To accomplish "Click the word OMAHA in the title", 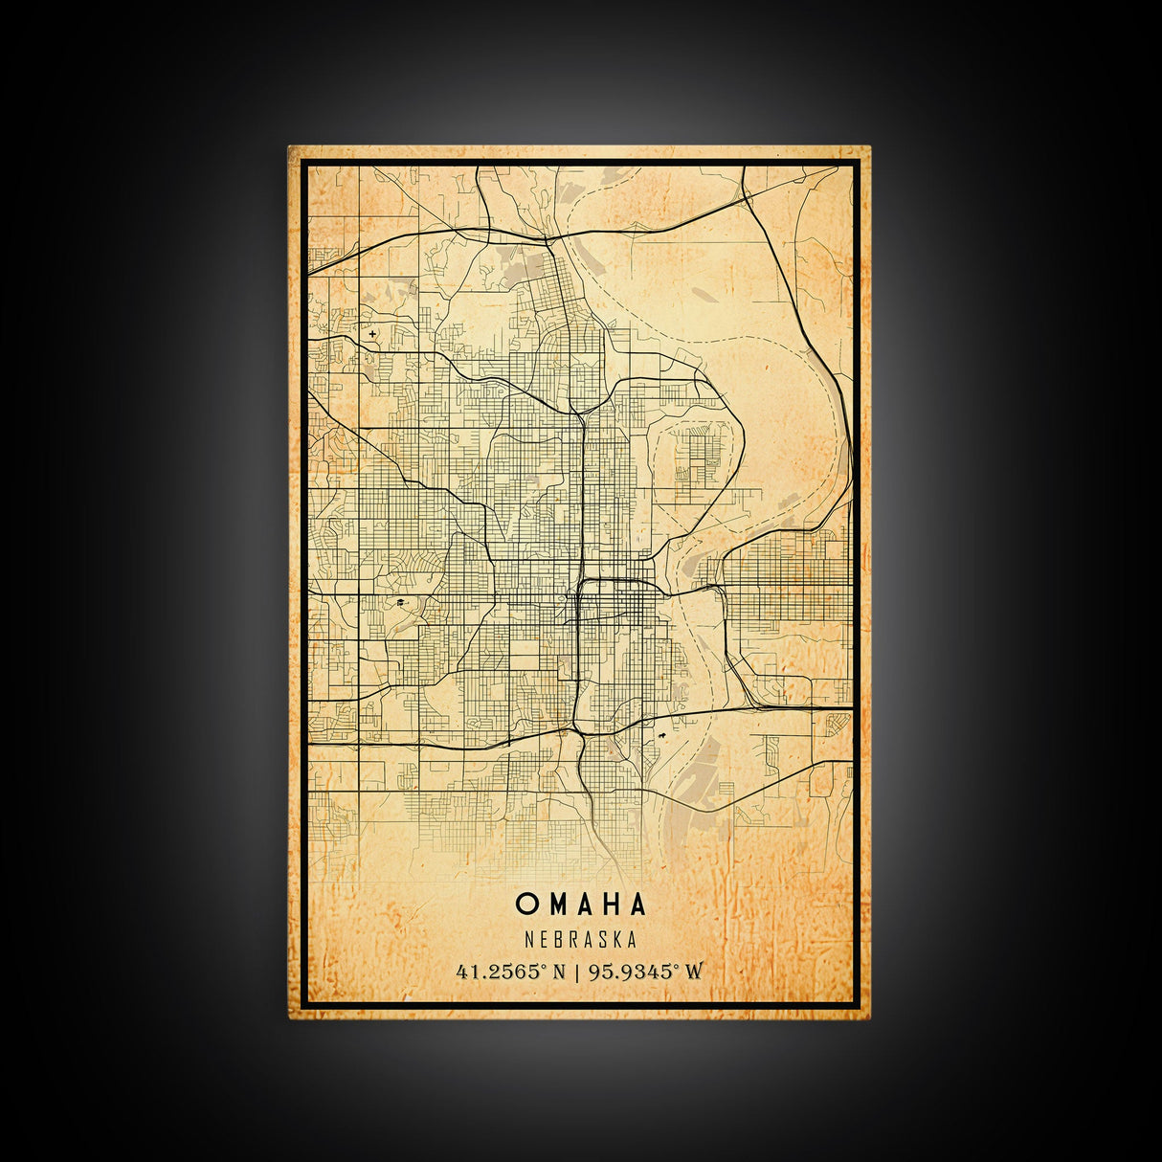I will pyautogui.click(x=581, y=904).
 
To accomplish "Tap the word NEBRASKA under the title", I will pyautogui.click(x=581, y=942).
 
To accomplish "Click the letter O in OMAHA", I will pyautogui.click(x=526, y=904).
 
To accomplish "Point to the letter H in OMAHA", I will pyautogui.click(x=610, y=904).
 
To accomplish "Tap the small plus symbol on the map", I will pyautogui.click(x=372, y=334).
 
